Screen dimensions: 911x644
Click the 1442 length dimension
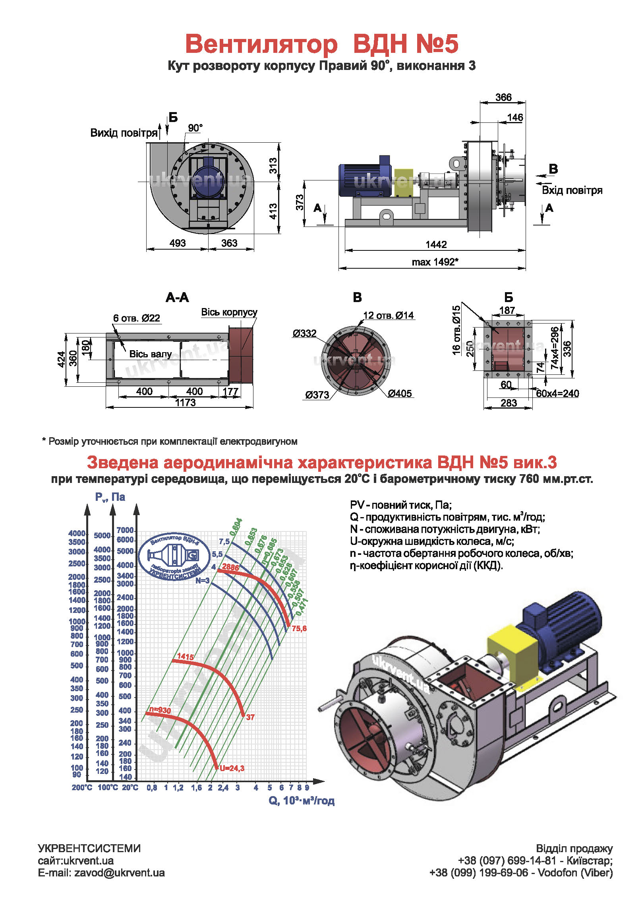click(436, 244)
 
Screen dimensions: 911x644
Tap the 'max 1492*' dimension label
click(435, 262)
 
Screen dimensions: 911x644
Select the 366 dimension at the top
click(503, 97)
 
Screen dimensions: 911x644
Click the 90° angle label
click(195, 128)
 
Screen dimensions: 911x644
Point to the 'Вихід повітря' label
click(124, 133)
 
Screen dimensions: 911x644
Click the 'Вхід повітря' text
click(572, 190)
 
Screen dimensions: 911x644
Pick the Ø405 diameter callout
click(400, 393)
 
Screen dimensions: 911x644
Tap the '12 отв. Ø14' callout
click(388, 316)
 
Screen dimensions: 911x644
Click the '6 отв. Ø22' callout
click(136, 318)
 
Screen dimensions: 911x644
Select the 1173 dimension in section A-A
click(185, 403)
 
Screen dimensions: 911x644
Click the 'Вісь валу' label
click(151, 354)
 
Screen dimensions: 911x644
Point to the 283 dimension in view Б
click(509, 403)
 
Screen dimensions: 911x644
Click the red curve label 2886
click(230, 567)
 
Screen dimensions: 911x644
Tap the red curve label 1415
click(186, 656)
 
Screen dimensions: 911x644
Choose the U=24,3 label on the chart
click(232, 768)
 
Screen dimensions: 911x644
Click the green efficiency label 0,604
click(236, 527)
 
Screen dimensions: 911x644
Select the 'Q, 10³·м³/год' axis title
click(302, 801)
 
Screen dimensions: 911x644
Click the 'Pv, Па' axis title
click(110, 497)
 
